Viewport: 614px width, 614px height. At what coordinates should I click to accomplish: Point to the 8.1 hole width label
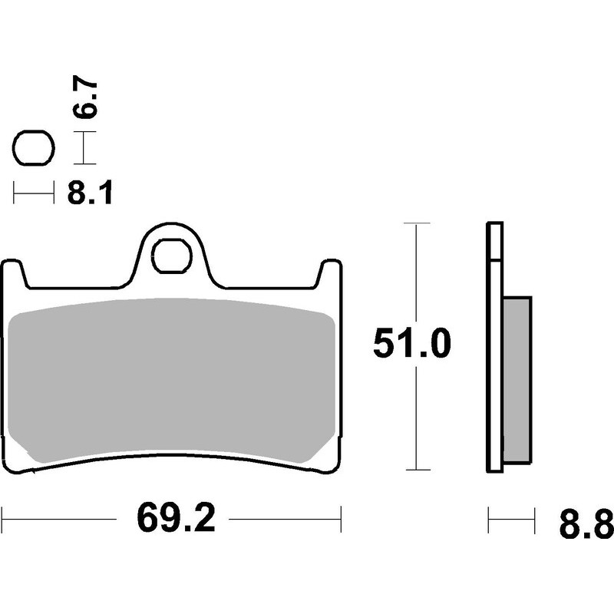(x=90, y=193)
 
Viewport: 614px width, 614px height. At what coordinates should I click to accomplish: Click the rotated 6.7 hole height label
(x=86, y=96)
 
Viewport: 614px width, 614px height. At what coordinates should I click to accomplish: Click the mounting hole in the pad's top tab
(x=171, y=256)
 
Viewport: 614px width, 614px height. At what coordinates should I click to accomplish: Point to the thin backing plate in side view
(x=494, y=345)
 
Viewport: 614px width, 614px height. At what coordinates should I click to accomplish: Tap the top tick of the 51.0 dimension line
(x=415, y=223)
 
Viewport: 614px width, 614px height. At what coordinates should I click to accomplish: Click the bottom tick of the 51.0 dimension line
(x=415, y=470)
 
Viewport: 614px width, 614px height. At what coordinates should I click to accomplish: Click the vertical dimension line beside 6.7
(x=84, y=147)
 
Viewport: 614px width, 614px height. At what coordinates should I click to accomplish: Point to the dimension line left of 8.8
(x=511, y=520)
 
